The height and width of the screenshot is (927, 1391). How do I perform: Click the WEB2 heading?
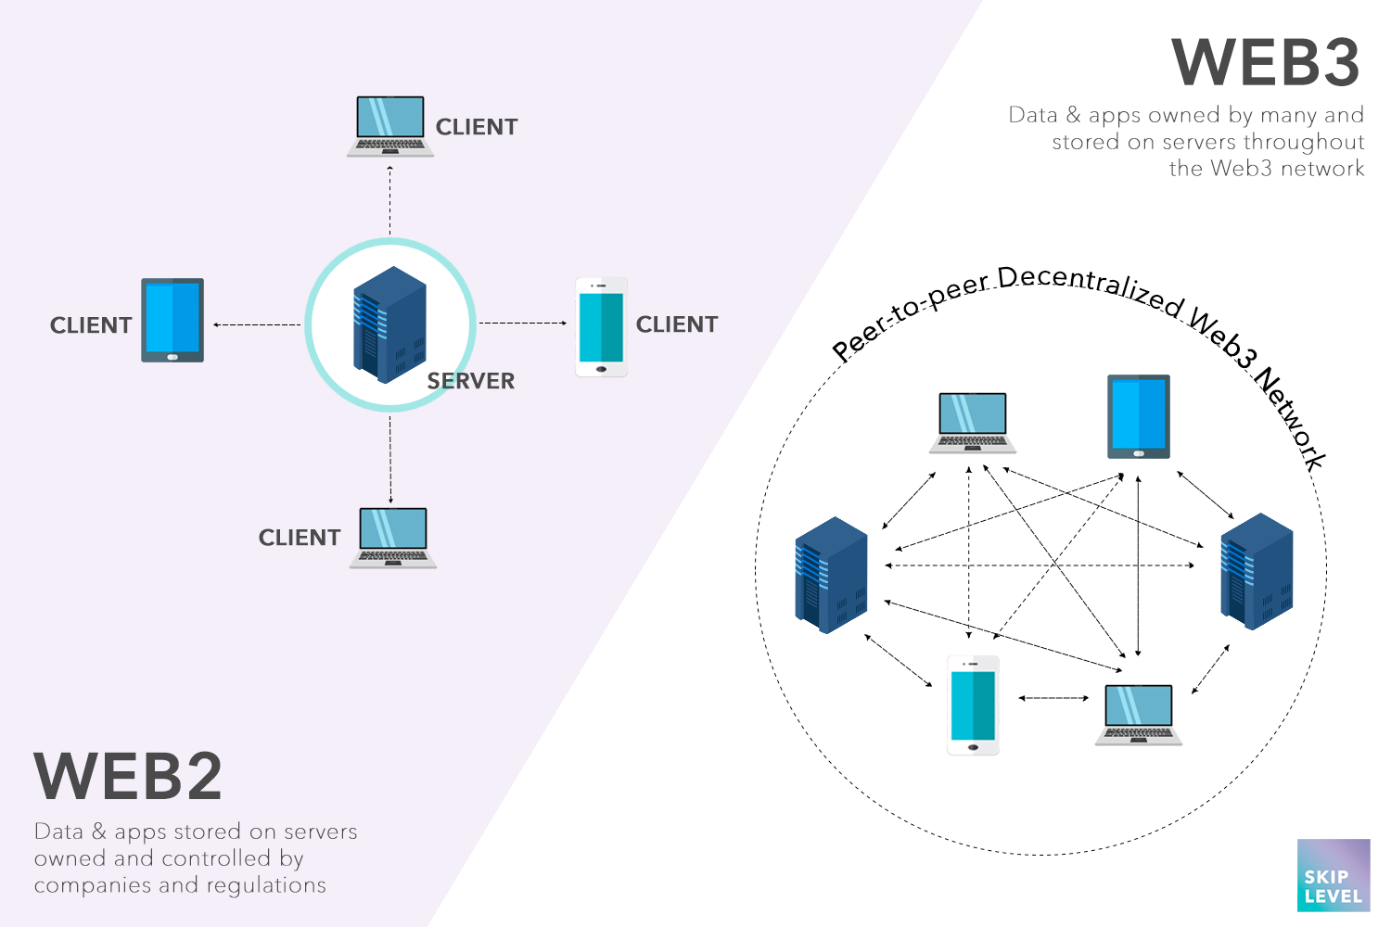tap(128, 777)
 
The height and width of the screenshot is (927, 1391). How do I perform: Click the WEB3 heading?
tap(1266, 63)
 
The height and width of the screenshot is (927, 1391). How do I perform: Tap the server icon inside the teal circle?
tap(389, 324)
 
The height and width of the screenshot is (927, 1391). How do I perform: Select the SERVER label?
tap(470, 381)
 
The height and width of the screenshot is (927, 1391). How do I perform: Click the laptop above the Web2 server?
tap(390, 126)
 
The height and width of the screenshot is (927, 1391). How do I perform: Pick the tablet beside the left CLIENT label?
tap(172, 320)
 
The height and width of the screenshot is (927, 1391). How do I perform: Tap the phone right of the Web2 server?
tap(601, 327)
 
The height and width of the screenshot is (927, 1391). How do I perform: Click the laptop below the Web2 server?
tap(393, 538)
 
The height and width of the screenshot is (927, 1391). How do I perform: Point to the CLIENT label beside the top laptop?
tap(477, 127)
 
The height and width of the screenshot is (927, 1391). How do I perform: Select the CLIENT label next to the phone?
tap(677, 324)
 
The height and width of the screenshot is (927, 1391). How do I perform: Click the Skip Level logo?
tap(1334, 876)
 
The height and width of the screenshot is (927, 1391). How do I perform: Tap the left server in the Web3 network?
tap(831, 575)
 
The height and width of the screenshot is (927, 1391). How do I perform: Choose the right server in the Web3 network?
tap(1257, 571)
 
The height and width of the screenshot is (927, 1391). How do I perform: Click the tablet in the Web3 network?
tap(1139, 416)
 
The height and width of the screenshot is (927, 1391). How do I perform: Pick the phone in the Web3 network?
tap(973, 705)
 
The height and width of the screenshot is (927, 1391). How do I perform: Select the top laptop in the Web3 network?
tap(973, 423)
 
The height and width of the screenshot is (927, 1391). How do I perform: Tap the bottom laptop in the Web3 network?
tap(1139, 715)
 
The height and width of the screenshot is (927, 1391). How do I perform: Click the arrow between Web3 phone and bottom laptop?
tap(1053, 698)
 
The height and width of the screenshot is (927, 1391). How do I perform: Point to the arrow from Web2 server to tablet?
tap(257, 324)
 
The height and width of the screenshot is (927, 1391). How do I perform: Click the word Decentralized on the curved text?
tap(1091, 286)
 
